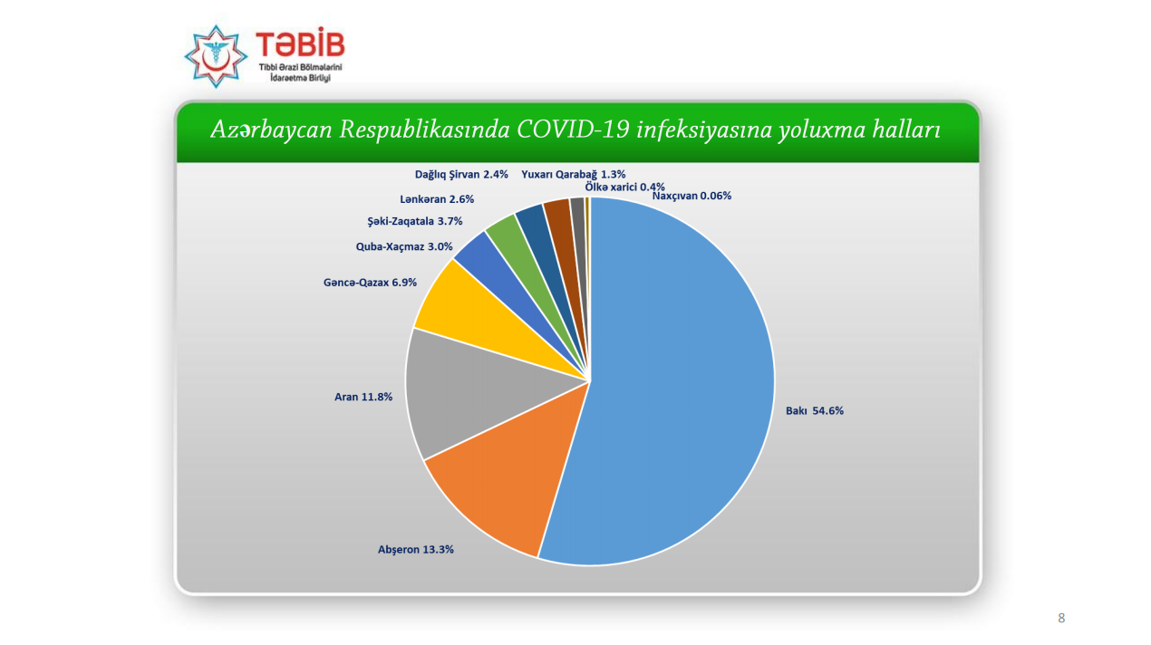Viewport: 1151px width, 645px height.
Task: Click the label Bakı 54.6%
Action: coord(815,411)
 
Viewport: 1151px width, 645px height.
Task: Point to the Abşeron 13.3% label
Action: coord(416,550)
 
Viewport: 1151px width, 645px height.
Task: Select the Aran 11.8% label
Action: coord(363,397)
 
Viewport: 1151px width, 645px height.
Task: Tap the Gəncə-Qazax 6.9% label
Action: coord(370,283)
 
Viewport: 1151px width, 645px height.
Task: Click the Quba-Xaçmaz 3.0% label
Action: coord(404,247)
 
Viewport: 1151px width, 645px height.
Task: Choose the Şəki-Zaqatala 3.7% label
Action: coord(415,221)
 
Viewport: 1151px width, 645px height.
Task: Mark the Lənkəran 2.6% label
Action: coord(437,199)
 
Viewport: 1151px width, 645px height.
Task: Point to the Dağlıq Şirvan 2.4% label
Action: coord(461,175)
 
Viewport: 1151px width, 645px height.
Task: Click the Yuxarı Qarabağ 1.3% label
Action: coord(574,175)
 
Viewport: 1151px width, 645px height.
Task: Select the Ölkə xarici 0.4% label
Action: coord(624,187)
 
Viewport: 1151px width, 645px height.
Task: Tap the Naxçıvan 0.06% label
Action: coord(692,197)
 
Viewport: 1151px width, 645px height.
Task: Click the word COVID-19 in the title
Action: coord(573,130)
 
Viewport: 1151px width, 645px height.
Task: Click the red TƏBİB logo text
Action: coord(301,43)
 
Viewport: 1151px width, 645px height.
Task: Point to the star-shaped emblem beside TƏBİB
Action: coord(216,56)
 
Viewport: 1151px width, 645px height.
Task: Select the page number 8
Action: coord(1061,618)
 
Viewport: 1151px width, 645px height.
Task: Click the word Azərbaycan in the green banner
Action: coord(272,130)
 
